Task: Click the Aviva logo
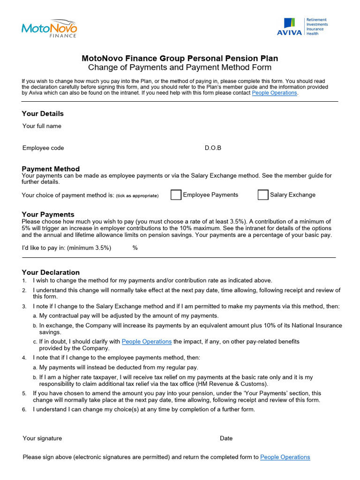coord(305,27)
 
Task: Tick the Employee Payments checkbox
coord(176,195)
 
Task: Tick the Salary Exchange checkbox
coord(263,195)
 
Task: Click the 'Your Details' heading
coord(43,113)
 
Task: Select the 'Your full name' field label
coord(42,126)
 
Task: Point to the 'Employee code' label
coord(43,148)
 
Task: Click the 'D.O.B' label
coord(213,148)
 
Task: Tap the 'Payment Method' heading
coord(51,169)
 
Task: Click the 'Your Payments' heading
coord(48,214)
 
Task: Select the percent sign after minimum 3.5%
coord(135,248)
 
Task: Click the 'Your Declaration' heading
coord(51,272)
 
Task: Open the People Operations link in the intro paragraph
coord(274,93)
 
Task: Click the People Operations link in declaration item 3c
coord(147,342)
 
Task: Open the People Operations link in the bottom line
coord(285,457)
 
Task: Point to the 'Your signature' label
coord(42,438)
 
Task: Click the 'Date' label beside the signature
coord(226,438)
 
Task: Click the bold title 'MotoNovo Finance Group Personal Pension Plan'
coord(180,59)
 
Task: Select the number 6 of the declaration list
coord(24,410)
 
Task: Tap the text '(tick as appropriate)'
coord(137,195)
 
